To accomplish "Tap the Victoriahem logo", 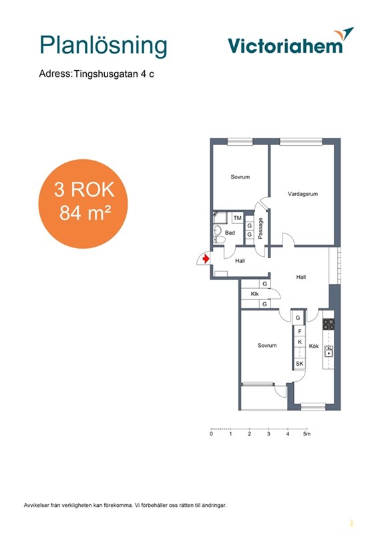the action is (291, 41).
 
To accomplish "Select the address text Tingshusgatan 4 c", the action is (114, 74).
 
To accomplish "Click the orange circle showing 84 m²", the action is (83, 204).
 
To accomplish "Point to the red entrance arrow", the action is (206, 259).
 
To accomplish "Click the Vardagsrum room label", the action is (303, 194).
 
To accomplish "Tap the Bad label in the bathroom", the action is (230, 233).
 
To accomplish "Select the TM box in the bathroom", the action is (238, 218).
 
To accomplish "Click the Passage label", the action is (260, 228).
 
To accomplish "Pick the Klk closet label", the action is (254, 294).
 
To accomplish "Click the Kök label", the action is (314, 346).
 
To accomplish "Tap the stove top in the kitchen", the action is (329, 324).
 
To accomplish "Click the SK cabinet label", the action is (299, 364).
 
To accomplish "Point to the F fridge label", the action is (300, 331).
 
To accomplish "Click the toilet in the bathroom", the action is (218, 240).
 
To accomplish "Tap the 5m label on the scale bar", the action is (307, 434).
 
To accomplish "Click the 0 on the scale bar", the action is (211, 434).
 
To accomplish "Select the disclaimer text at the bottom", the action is (125, 506).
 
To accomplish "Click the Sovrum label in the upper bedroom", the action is (240, 177).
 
